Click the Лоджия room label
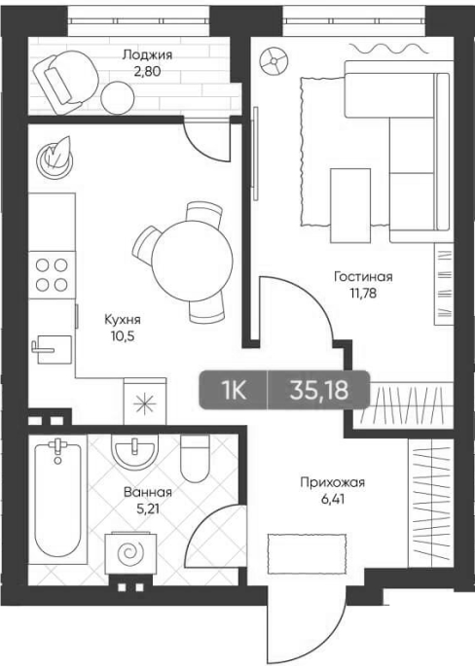(147, 55)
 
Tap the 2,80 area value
(147, 71)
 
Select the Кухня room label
(123, 320)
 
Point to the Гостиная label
(363, 277)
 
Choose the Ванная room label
(148, 493)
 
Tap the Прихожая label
(333, 483)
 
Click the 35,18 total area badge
(319, 390)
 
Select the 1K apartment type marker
(234, 390)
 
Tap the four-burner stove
(52, 275)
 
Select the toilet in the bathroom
(195, 458)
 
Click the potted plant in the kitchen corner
(55, 156)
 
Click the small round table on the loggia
(118, 97)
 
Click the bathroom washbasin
(134, 451)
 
